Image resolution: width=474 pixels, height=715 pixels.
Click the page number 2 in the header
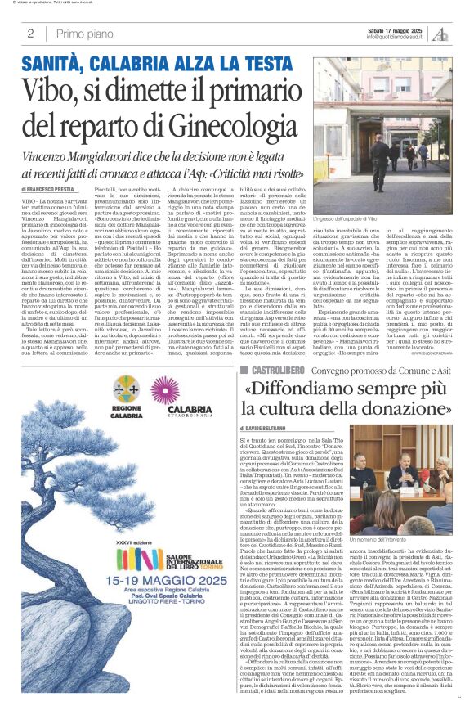pos(30,34)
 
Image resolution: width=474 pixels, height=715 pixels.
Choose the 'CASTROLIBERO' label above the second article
pos(279,371)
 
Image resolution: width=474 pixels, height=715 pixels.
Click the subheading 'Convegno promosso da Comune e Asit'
pos(383,371)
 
